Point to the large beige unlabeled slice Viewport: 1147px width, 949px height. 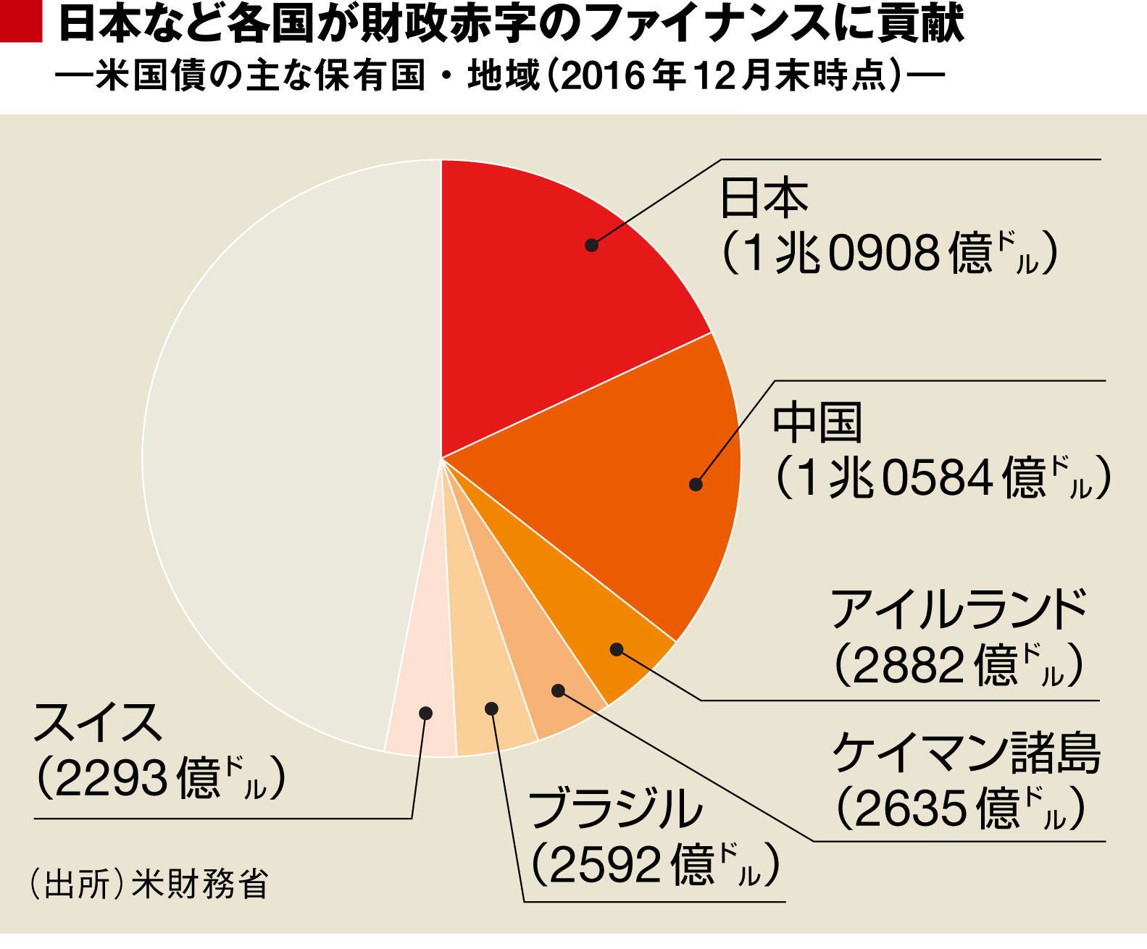tap(290, 449)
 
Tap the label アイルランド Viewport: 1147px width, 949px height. tap(959, 609)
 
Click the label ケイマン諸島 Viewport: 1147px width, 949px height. tap(967, 753)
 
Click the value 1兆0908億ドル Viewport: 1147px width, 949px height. tap(890, 254)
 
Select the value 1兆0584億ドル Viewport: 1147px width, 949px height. tap(943, 478)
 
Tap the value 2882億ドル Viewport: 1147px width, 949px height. tap(959, 664)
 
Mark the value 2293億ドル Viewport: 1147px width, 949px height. tap(159, 779)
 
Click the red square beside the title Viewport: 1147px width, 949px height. tap(20, 22)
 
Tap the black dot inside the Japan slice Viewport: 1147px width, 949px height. tap(592, 245)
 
